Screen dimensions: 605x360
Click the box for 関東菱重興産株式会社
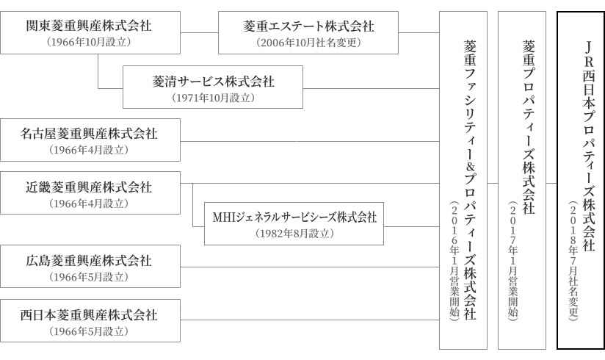(x=90, y=32)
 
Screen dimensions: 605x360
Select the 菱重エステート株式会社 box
(x=308, y=32)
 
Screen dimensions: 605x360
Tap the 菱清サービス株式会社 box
(x=213, y=87)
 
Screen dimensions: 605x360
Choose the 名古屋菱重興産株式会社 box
(x=90, y=140)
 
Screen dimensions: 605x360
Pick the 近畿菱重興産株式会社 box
(x=90, y=192)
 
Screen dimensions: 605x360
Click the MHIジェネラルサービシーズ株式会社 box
(x=294, y=223)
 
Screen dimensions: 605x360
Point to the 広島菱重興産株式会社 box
(x=90, y=267)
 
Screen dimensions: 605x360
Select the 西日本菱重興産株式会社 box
(x=90, y=320)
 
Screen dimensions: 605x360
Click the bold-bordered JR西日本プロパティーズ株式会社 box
(x=581, y=181)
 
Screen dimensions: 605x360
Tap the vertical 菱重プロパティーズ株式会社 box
(x=522, y=181)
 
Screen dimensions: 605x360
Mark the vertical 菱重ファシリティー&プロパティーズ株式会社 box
(x=463, y=181)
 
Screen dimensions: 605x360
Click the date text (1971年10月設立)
(x=213, y=98)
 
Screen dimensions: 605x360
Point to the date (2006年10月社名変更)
(x=308, y=43)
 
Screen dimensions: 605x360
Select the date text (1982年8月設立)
(x=294, y=234)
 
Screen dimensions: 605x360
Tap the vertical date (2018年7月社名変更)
(x=573, y=261)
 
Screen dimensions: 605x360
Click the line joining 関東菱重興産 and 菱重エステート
(x=200, y=32)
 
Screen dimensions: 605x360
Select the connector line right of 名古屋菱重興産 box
(x=310, y=141)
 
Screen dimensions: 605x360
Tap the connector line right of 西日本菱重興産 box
(x=310, y=320)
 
